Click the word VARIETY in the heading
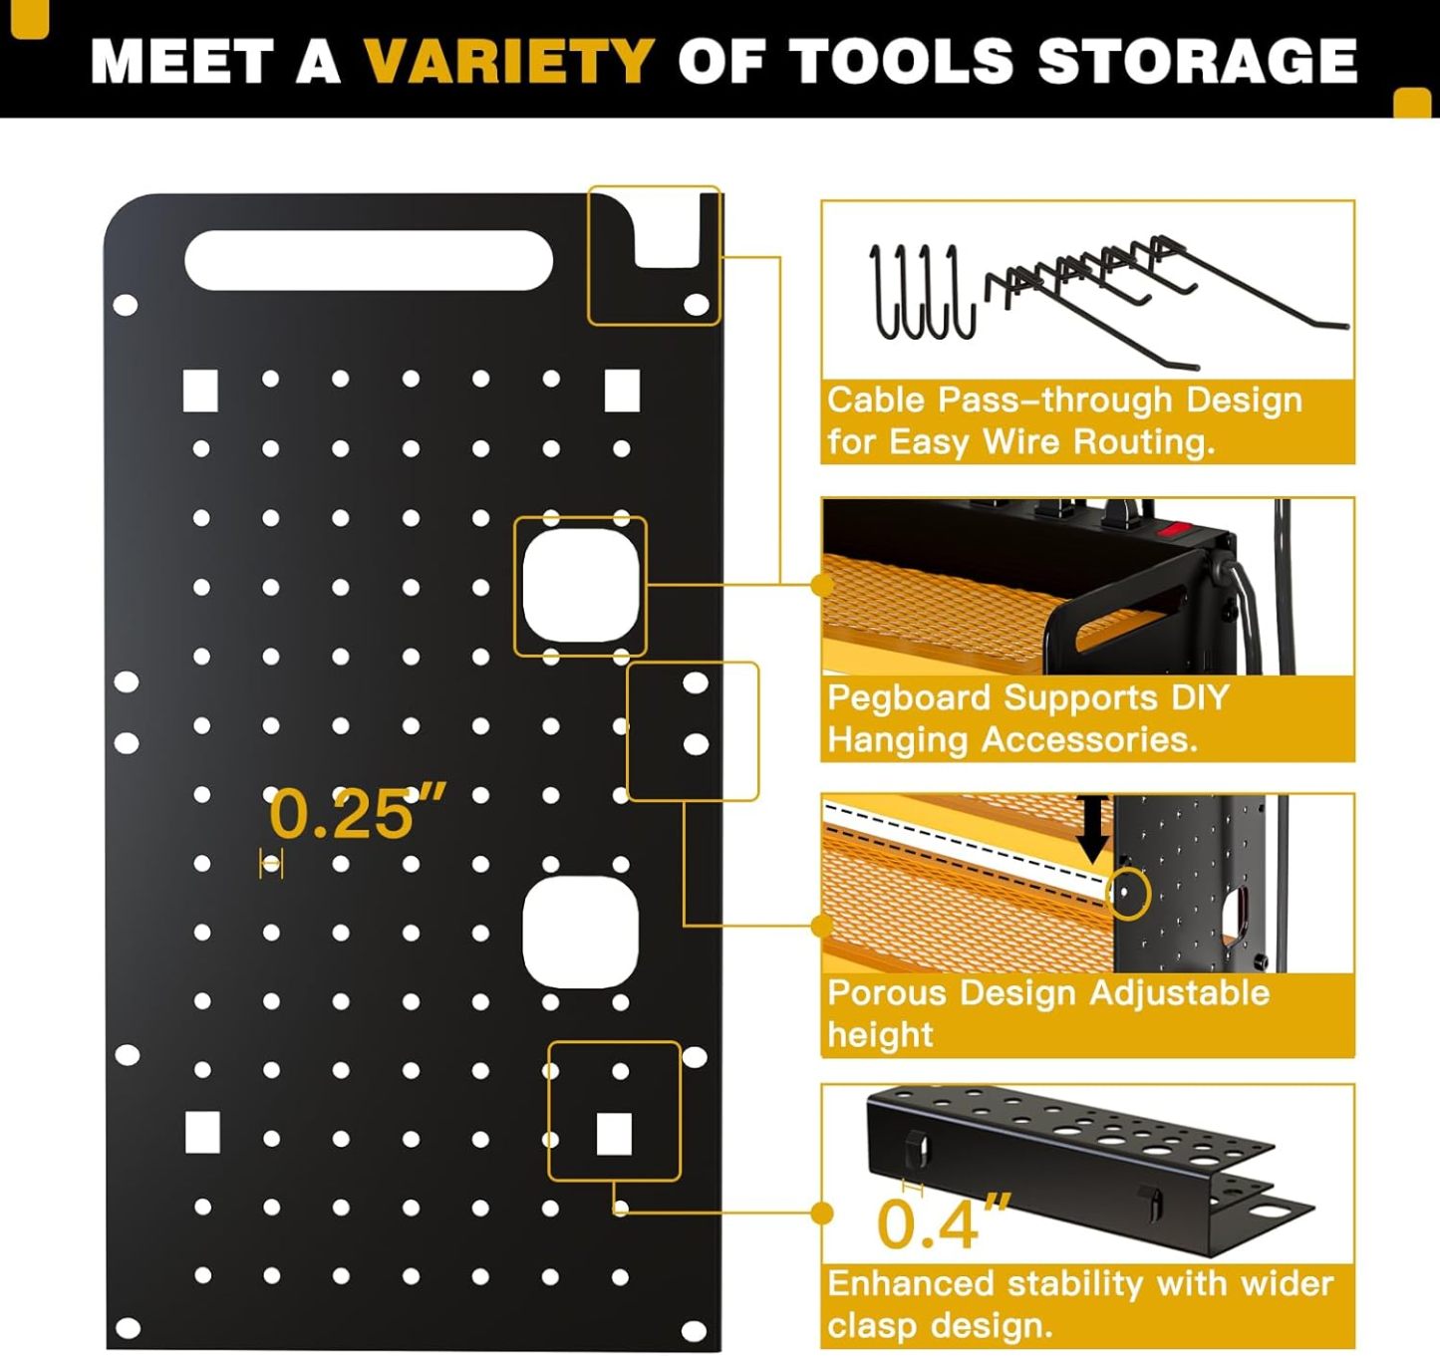click(508, 61)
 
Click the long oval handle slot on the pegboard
click(369, 261)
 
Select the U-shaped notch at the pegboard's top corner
click(668, 234)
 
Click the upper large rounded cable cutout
click(580, 585)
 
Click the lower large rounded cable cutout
click(580, 933)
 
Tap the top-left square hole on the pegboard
click(200, 391)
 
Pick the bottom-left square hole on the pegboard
click(202, 1133)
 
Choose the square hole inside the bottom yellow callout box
click(613, 1134)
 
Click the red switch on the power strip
click(1176, 528)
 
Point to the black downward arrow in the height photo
click(1092, 827)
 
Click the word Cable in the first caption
click(876, 401)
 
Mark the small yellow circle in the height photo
click(1127, 893)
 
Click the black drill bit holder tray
click(1076, 1166)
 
